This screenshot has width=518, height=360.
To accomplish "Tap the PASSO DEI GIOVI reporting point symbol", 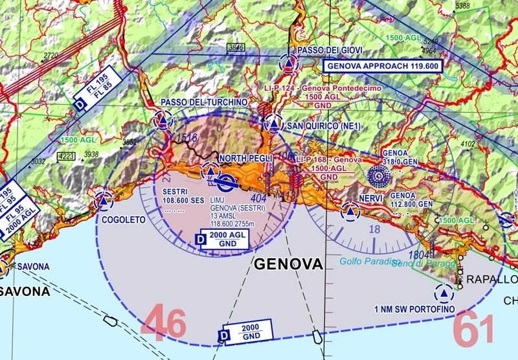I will tap(289, 63).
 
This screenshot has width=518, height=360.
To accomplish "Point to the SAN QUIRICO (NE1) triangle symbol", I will tap(274, 124).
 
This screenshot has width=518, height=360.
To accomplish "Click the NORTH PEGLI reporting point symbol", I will tap(210, 172).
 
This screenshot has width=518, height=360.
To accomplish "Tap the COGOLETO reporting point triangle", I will tap(102, 201).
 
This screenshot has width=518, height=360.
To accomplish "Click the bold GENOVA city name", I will tap(288, 264).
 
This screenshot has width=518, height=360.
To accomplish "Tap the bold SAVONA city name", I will tap(25, 291).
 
